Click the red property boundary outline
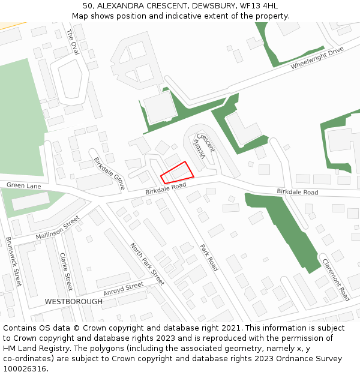coord(178,173)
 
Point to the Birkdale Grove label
coord(109,173)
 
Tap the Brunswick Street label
coord(13,261)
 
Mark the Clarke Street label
coord(66,272)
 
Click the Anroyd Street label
coord(124,289)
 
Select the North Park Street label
coord(147,264)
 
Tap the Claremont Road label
coord(335,280)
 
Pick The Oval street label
coord(73,43)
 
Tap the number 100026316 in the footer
coord(25,368)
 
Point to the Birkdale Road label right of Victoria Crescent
coord(297,192)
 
